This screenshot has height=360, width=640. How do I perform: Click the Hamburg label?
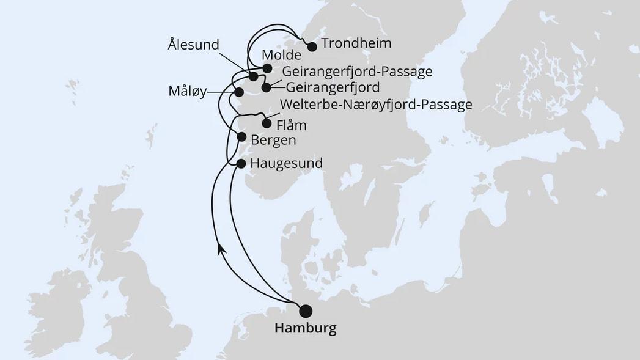[305, 329]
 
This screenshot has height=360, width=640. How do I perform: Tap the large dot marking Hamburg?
[304, 311]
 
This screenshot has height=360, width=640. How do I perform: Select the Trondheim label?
[356, 45]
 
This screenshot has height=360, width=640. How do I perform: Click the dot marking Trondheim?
[312, 46]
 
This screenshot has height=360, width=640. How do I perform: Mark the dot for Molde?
[267, 68]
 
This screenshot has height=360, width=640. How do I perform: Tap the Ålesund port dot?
[253, 76]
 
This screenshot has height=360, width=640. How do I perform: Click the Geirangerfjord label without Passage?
[333, 87]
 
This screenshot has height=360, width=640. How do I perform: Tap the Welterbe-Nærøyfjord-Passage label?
[375, 105]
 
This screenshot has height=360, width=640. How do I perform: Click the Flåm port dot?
[266, 123]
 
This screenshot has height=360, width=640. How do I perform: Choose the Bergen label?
[273, 140]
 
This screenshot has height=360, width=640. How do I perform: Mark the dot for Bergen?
[241, 138]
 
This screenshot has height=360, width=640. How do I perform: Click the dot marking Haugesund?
[240, 164]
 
